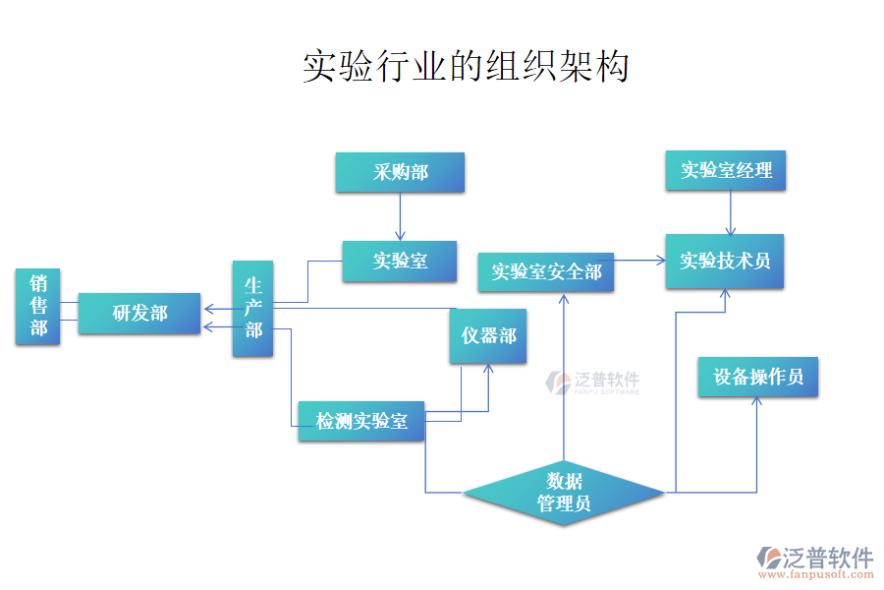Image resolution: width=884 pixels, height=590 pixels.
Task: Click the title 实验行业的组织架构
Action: [465, 67]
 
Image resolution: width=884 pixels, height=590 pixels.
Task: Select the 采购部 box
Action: [400, 173]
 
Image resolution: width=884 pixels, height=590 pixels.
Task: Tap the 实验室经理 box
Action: [727, 171]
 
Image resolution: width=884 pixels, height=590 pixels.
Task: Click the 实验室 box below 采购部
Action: [400, 262]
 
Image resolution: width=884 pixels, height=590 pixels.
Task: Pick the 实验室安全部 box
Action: [546, 271]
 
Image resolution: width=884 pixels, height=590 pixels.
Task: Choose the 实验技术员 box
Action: [725, 262]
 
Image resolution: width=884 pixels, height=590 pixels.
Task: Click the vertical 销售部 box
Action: [38, 306]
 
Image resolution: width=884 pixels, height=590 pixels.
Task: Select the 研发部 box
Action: [139, 314]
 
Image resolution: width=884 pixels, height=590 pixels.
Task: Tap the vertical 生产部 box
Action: [252, 308]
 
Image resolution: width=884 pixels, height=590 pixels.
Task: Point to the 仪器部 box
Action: [489, 336]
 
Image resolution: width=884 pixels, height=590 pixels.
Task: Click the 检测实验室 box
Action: [361, 422]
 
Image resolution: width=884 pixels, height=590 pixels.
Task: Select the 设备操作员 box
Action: [758, 377]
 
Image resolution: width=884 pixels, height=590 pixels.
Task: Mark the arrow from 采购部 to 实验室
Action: [400, 216]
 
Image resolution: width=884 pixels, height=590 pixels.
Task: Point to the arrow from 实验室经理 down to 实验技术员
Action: [730, 213]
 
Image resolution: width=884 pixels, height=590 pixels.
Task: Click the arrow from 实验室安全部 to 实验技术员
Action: [639, 261]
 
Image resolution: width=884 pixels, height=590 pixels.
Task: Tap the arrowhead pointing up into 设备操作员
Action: [757, 404]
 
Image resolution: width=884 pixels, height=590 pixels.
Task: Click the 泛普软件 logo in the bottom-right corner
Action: [815, 558]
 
